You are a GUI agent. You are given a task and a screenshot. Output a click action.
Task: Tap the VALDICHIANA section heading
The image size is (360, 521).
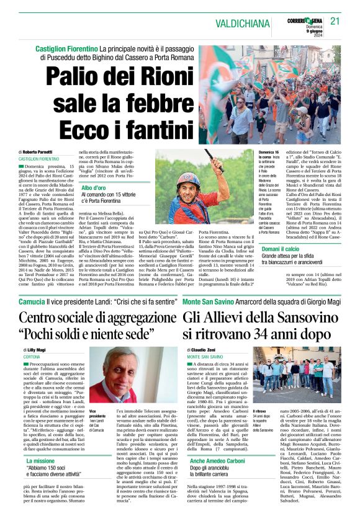tap(244, 23)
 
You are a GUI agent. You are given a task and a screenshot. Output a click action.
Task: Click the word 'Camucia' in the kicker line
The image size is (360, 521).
tap(32, 301)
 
